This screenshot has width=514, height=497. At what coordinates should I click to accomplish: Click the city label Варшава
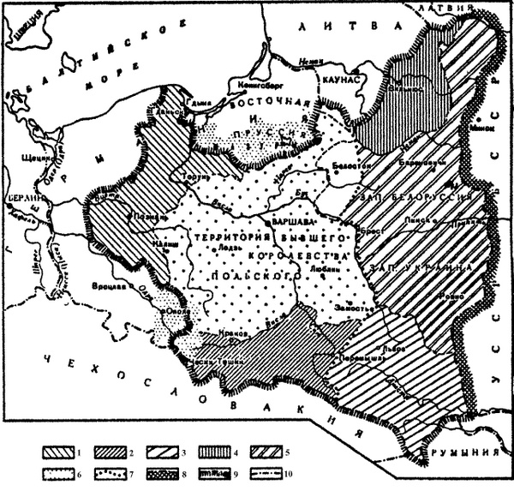(x=290, y=221)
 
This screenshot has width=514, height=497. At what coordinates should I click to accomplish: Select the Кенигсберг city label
(x=257, y=86)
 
